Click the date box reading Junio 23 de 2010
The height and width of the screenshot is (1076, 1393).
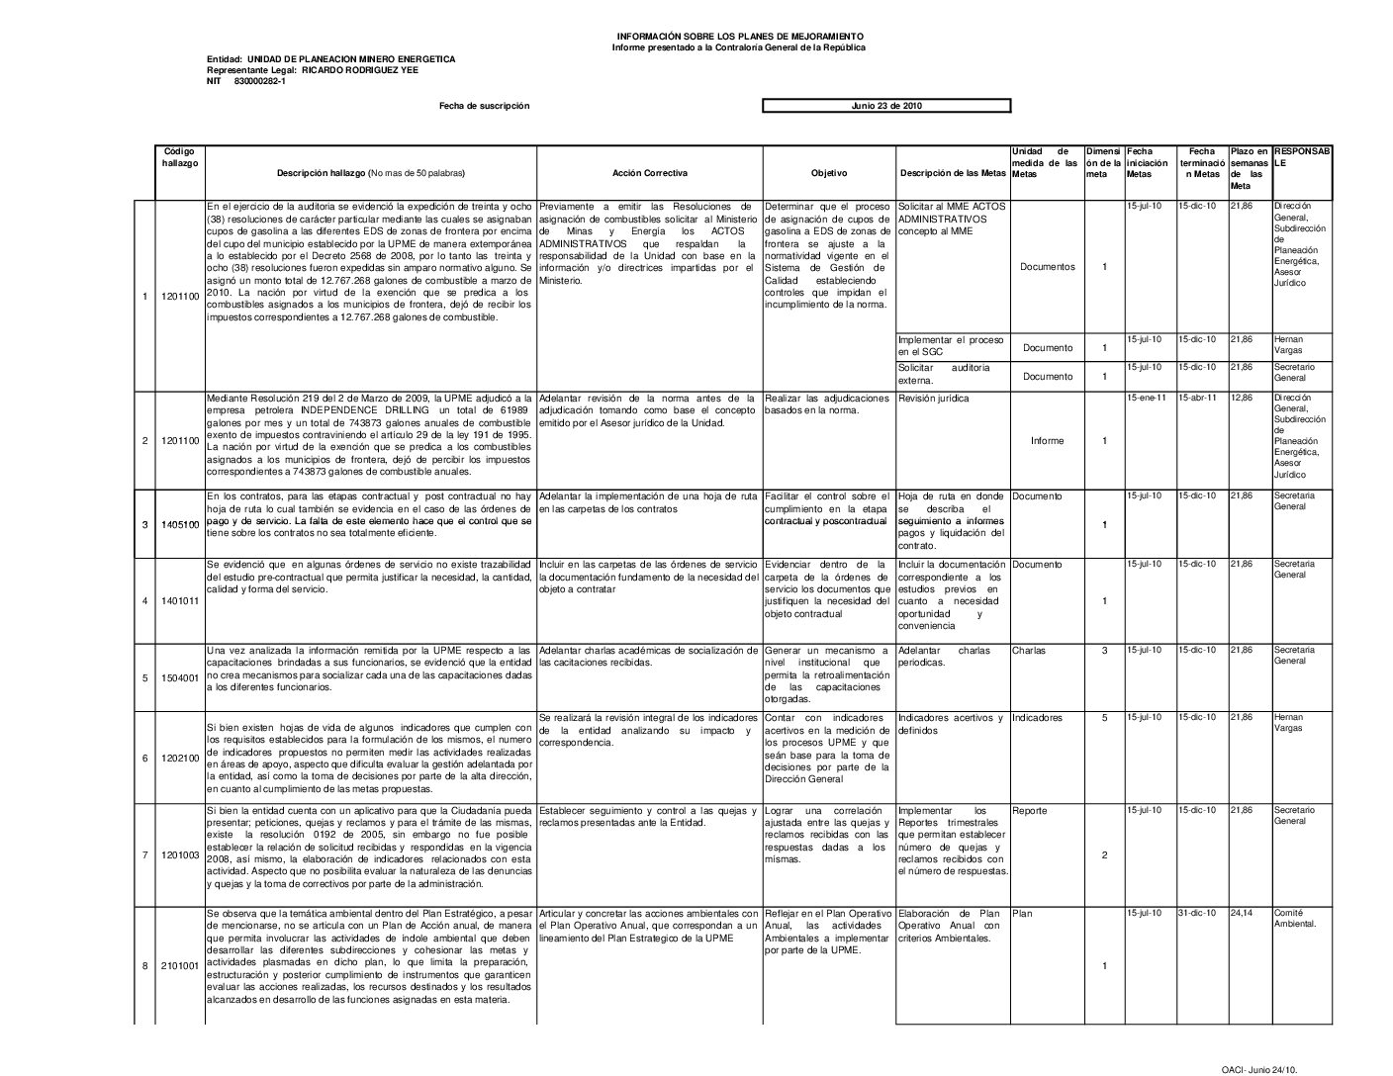[x=886, y=106]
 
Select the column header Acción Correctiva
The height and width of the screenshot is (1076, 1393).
[x=649, y=173]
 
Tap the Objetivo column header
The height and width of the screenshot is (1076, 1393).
[x=828, y=173]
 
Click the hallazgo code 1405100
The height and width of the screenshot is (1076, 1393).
[x=180, y=524]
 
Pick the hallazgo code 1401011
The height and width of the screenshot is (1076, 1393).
[x=180, y=601]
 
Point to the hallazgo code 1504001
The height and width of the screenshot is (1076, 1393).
[x=180, y=678]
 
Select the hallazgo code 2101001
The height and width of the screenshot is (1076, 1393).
[x=180, y=965]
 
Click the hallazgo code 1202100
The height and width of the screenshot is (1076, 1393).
[x=180, y=759]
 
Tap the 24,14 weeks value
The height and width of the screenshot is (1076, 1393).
[x=1241, y=913]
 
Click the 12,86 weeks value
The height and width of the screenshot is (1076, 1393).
[x=1241, y=398]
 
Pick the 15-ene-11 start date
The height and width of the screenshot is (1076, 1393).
[x=1146, y=398]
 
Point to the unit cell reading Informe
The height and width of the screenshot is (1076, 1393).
[x=1047, y=441]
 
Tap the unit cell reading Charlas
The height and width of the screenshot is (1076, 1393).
[x=1029, y=651]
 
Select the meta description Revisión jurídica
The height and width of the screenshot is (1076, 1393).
[x=933, y=399]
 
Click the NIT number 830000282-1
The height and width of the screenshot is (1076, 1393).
[x=260, y=81]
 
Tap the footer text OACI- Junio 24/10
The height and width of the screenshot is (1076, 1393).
[x=1258, y=1070]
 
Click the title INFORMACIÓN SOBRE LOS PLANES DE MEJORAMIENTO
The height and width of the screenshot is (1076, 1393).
[x=738, y=37]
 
